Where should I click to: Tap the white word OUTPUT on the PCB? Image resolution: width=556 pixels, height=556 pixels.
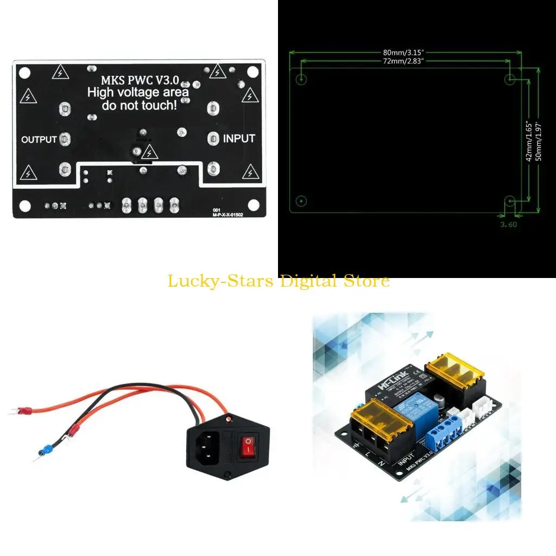[x=39, y=140]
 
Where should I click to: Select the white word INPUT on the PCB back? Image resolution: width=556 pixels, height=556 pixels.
[x=239, y=138]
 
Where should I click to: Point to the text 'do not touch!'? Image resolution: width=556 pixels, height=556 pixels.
[x=139, y=105]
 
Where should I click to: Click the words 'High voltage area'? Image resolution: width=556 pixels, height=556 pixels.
[x=138, y=92]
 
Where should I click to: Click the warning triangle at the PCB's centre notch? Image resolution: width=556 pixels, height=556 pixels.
[x=147, y=154]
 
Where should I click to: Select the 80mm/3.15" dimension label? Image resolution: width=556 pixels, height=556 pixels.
[x=403, y=53]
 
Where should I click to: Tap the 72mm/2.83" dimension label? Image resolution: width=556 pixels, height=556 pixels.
[x=403, y=61]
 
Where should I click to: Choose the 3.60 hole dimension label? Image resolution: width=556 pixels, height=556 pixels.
[x=509, y=223]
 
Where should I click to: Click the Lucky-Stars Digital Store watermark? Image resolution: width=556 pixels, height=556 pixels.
[x=278, y=281]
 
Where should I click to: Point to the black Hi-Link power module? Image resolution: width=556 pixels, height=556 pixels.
[x=395, y=388]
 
